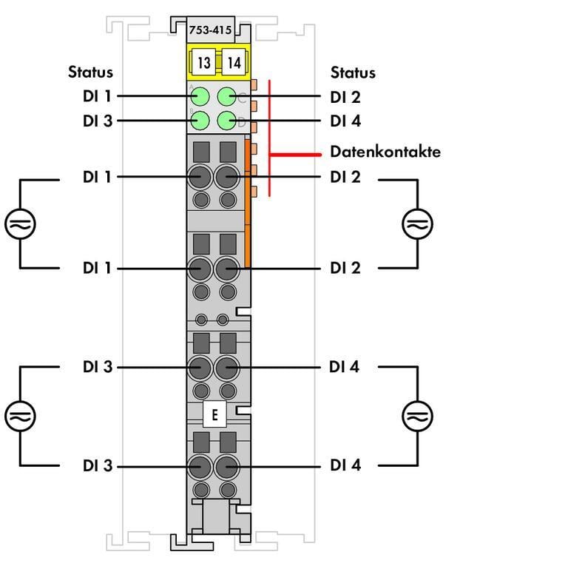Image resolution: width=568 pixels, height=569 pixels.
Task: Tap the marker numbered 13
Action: tap(203, 62)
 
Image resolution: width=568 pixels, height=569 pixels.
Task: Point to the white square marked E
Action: tap(214, 414)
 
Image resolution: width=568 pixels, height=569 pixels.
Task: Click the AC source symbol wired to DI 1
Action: tap(20, 223)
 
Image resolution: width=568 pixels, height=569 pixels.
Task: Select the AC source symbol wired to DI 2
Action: tap(417, 223)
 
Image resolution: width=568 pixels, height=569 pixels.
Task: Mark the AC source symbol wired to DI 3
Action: tap(20, 415)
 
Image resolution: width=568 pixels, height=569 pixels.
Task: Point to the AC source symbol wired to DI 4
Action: tap(417, 415)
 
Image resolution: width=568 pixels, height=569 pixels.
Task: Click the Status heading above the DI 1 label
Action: tap(90, 72)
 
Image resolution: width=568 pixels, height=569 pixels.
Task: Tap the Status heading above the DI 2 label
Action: tap(353, 73)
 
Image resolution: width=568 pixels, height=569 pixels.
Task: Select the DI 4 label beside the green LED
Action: tap(345, 121)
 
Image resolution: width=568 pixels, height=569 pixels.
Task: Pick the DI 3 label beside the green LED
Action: tap(98, 121)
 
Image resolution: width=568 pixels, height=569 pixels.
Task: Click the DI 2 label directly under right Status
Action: tap(345, 97)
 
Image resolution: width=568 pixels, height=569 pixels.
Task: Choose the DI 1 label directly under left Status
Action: tap(98, 96)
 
